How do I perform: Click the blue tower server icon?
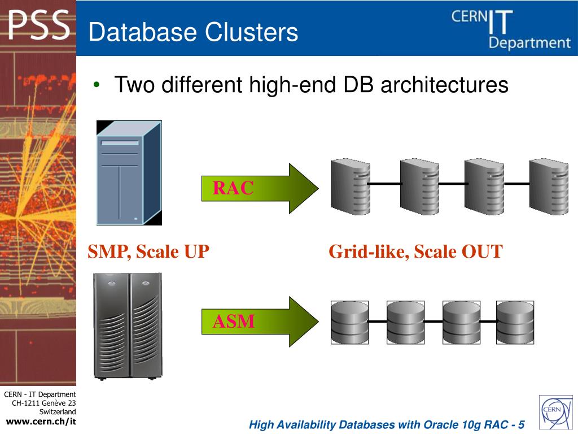click(x=129, y=173)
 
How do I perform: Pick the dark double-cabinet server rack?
click(x=128, y=325)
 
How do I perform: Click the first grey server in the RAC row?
click(x=350, y=187)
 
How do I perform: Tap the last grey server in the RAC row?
click(x=548, y=187)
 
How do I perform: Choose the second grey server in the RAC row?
click(x=419, y=187)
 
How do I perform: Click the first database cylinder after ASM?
click(x=350, y=323)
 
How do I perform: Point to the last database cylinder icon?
click(x=515, y=323)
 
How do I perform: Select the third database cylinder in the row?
click(x=461, y=323)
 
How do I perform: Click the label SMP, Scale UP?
click(x=148, y=251)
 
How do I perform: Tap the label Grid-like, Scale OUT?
click(x=415, y=251)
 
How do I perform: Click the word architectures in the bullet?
click(x=444, y=85)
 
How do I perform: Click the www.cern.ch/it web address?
click(x=41, y=422)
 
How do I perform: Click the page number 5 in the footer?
click(x=520, y=425)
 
